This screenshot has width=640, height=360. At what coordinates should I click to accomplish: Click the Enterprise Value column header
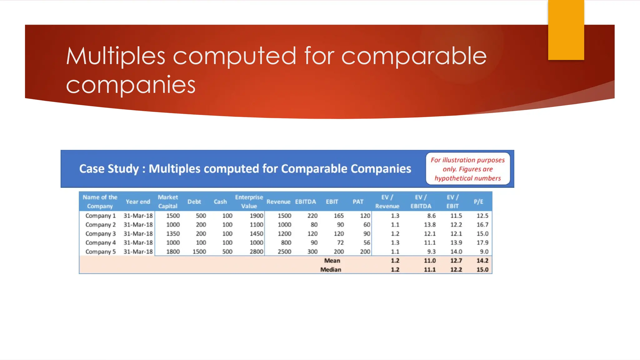pyautogui.click(x=249, y=202)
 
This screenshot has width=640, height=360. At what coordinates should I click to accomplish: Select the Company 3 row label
pyautogui.click(x=100, y=234)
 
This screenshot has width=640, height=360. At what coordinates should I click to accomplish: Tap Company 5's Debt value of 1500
pyautogui.click(x=199, y=252)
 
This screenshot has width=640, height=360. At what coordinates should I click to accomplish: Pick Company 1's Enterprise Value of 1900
pyautogui.click(x=256, y=216)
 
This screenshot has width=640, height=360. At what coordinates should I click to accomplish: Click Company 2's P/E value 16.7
pyautogui.click(x=482, y=225)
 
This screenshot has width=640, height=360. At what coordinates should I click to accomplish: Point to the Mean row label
pyautogui.click(x=332, y=261)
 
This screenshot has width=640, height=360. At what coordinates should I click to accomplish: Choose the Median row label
pyautogui.click(x=331, y=269)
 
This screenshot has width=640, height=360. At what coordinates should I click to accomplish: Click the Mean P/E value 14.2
pyautogui.click(x=482, y=261)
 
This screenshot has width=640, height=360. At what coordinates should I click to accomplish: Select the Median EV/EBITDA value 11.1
pyautogui.click(x=430, y=269)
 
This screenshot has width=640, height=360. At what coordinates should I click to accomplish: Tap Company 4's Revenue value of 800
pyautogui.click(x=286, y=242)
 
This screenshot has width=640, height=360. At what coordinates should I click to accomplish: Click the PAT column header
pyautogui.click(x=358, y=202)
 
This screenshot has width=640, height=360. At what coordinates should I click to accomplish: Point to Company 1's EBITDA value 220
pyautogui.click(x=312, y=216)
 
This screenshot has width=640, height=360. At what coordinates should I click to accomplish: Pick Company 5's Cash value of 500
pyautogui.click(x=227, y=252)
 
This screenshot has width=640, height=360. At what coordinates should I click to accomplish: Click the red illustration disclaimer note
pyautogui.click(x=467, y=169)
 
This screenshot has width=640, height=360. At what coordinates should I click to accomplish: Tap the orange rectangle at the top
pyautogui.click(x=566, y=30)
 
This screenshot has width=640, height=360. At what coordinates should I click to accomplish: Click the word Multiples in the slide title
pyautogui.click(x=115, y=56)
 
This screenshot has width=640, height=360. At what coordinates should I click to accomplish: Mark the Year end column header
pyautogui.click(x=138, y=202)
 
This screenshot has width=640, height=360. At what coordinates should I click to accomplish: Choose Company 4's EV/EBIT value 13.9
pyautogui.click(x=456, y=242)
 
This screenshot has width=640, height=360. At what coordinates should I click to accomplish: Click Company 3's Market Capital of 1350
pyautogui.click(x=173, y=234)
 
